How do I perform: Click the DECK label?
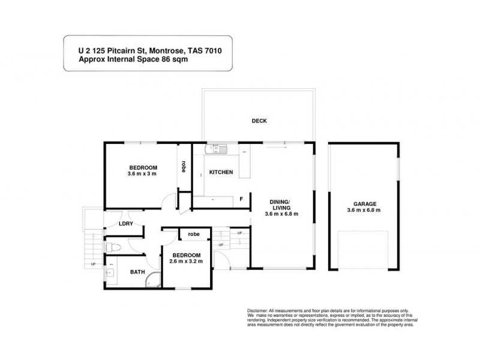(x=259, y=121)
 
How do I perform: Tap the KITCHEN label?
(x=221, y=173)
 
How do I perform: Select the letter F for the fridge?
(x=242, y=199)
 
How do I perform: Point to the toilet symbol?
(x=113, y=247)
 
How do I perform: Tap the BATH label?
(x=138, y=272)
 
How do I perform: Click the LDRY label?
(x=126, y=224)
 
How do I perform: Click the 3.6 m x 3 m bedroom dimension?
(x=142, y=175)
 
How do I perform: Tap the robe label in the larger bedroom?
(x=184, y=167)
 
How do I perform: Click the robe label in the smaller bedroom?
(x=193, y=234)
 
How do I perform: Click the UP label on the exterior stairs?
(x=93, y=264)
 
